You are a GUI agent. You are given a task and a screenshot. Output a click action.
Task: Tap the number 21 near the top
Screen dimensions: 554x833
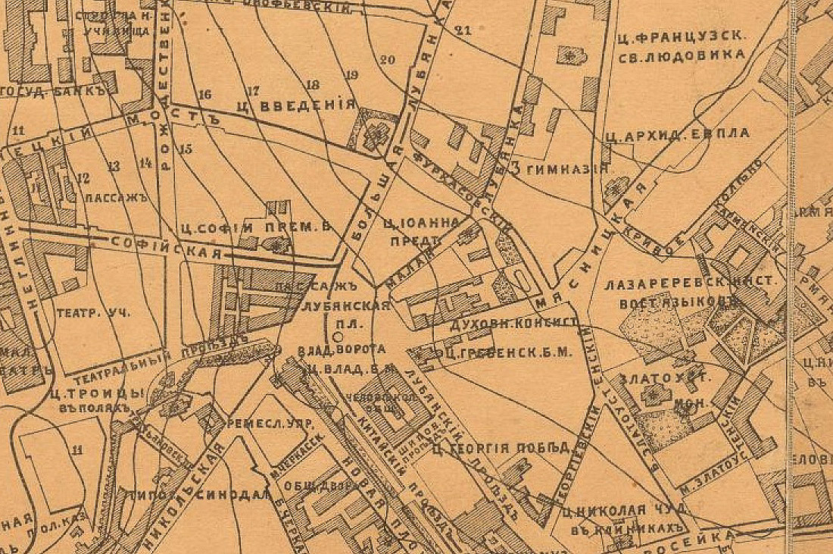pyautogui.click(x=463, y=30)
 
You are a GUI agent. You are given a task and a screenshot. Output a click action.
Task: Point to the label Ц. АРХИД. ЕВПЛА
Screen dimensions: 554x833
pyautogui.click(x=678, y=135)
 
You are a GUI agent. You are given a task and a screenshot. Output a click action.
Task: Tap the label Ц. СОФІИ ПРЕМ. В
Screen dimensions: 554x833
pyautogui.click(x=257, y=227)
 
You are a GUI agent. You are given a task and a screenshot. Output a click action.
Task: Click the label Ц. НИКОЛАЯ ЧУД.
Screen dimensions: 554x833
pyautogui.click(x=615, y=510)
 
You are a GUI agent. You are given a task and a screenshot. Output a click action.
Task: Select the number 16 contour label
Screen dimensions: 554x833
pyautogui.click(x=204, y=95)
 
